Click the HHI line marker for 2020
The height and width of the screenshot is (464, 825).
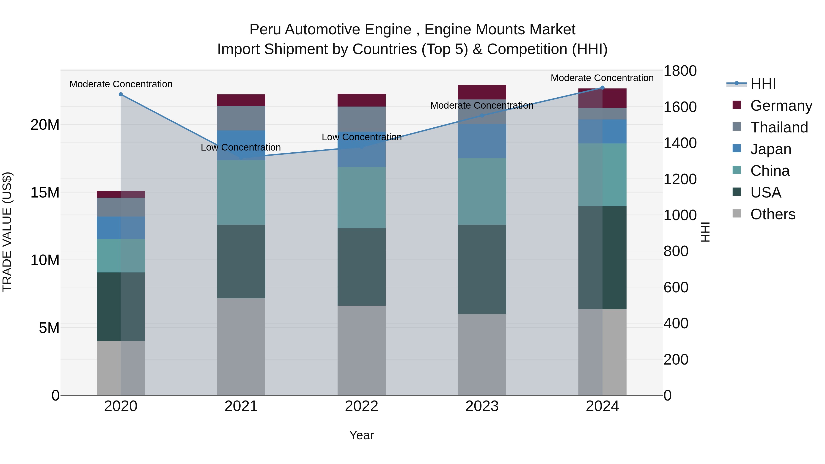point(121,94)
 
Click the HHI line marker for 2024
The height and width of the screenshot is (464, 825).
point(602,88)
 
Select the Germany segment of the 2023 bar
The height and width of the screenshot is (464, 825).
point(482,92)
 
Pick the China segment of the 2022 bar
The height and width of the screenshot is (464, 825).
point(362,198)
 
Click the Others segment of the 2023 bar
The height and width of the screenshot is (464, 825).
point(482,354)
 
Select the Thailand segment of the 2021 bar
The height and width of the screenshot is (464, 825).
point(241,118)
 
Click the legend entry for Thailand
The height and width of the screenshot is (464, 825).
point(779,127)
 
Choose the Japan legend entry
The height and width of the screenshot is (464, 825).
point(770,149)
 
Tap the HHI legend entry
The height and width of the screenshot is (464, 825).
point(763,84)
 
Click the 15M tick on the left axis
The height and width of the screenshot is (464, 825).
point(45,192)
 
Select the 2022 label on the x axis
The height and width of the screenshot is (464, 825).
point(362,406)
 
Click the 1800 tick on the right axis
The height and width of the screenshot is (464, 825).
point(680,71)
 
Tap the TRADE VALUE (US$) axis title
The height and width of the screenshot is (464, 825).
point(7,232)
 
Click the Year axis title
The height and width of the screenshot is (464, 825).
point(362,435)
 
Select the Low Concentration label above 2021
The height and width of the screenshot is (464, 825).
point(241,147)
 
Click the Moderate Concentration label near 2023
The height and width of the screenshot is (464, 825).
point(482,105)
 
